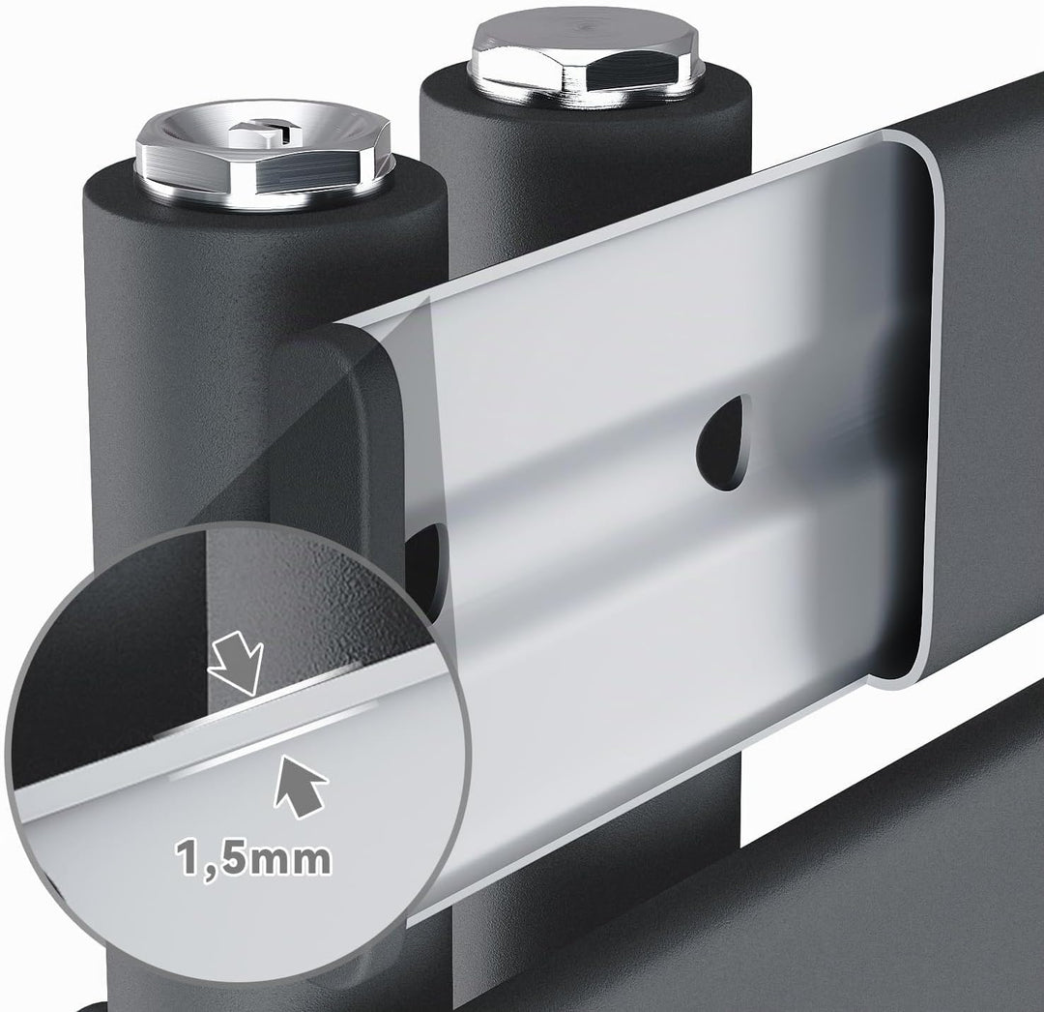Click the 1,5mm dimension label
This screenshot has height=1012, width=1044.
point(253,859)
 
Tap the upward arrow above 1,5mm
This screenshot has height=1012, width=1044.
point(300,786)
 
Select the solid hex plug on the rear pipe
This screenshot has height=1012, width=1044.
point(584,60)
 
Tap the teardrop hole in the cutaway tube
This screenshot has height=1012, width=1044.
point(724,443)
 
